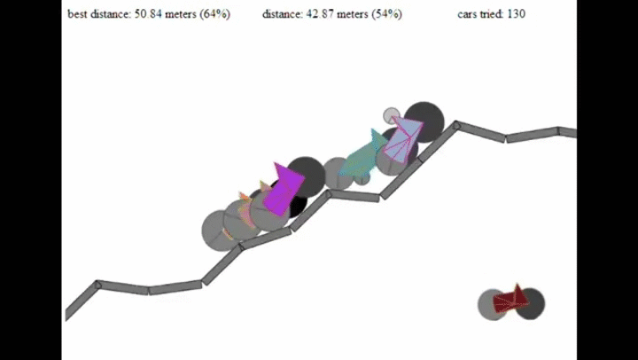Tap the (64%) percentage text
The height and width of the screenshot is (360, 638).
coord(214,14)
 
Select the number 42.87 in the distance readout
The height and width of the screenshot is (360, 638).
coord(319,14)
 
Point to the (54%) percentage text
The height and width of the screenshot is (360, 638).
coord(386,14)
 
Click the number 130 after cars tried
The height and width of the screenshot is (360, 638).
coord(516,14)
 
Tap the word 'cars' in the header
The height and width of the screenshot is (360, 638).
coord(467,15)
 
